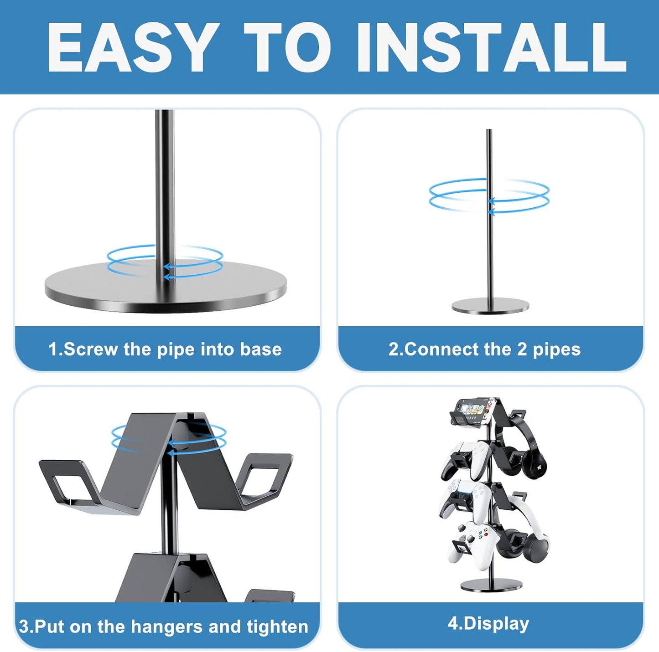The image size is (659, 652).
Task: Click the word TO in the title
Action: (x=288, y=47)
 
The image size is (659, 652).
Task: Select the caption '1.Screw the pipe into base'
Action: (x=165, y=349)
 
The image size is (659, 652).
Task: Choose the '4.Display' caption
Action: (x=488, y=623)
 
